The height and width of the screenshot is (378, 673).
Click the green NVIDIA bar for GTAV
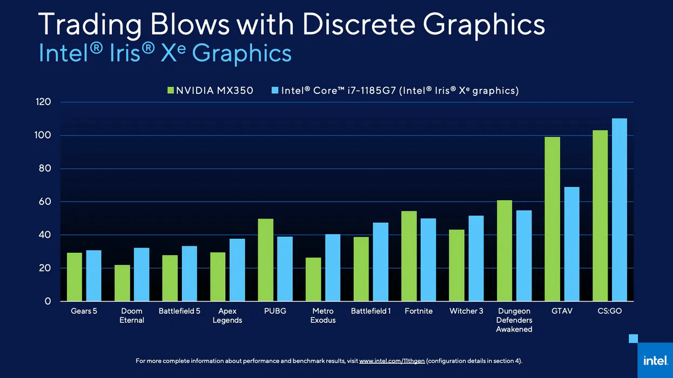552,219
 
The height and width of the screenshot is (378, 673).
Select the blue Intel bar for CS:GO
619,210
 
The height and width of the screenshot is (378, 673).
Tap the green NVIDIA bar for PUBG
265,260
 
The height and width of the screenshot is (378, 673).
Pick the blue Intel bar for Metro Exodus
333,267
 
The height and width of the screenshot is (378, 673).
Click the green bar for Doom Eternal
122,283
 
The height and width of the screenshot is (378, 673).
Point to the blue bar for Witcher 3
476,258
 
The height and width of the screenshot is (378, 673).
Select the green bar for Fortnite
409,256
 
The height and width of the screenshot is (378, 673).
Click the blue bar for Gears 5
93,276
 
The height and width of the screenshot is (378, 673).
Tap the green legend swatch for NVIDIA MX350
171,91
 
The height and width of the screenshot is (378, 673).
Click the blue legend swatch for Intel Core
275,91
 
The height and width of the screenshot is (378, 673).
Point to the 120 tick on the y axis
44,102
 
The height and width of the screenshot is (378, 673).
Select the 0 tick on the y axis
48,301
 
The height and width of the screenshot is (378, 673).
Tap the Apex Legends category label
227,315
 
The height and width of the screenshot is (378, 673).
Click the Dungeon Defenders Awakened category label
514,320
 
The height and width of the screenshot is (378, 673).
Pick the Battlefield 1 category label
371,311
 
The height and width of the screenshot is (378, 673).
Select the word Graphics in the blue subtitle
241,53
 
